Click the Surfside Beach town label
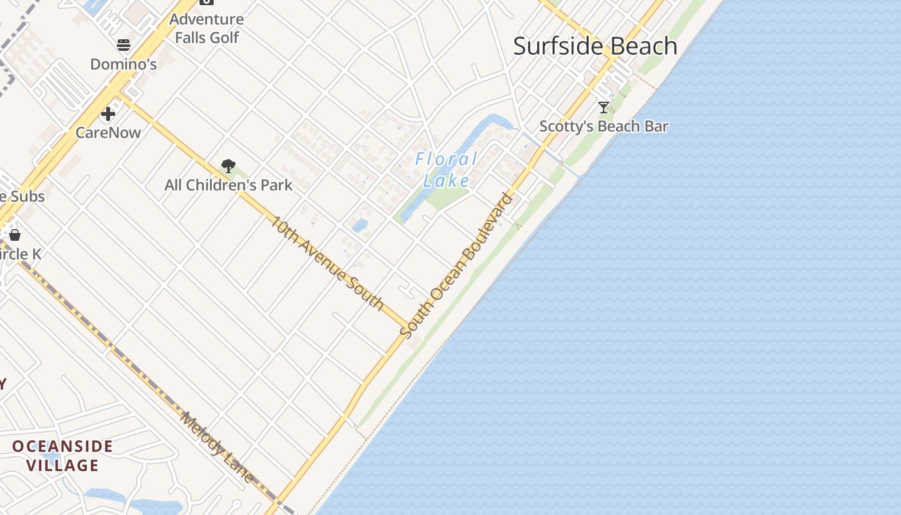595,46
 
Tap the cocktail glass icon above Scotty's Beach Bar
604,108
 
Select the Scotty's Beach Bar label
604,126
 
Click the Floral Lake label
447,169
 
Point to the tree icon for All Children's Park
228,166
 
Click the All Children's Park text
228,185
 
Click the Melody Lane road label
218,447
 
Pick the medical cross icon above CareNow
108,115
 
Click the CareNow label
108,133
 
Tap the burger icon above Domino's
124,45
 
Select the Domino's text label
124,64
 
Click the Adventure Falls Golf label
207,28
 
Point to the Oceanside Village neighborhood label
62,455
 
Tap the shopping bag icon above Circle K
15,235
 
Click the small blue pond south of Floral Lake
360,225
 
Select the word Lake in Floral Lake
447,181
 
